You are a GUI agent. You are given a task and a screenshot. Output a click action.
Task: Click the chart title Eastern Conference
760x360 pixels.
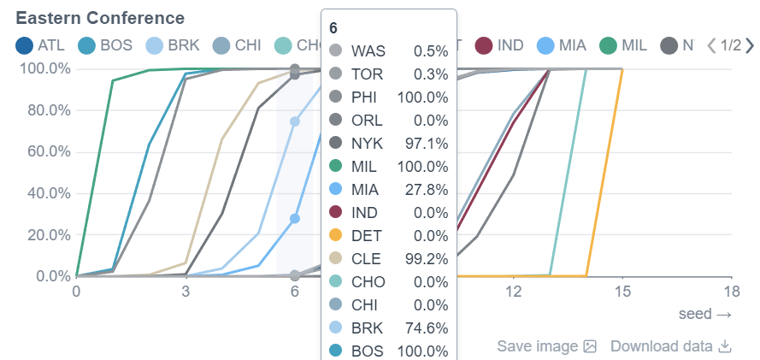[x=100, y=18]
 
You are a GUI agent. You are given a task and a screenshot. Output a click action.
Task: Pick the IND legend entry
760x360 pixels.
[x=500, y=45]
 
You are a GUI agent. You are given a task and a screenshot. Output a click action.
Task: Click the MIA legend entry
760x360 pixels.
[x=562, y=45]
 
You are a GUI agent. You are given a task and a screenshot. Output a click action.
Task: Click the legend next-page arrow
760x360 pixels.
[x=749, y=45]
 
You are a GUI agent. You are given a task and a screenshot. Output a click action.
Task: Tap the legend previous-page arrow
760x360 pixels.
[x=710, y=45]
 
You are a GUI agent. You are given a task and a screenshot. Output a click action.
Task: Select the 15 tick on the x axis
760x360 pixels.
[x=622, y=292]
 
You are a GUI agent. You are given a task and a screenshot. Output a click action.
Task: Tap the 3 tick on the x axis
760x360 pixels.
[x=186, y=292]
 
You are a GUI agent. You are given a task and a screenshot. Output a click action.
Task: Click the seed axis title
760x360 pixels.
[x=705, y=314]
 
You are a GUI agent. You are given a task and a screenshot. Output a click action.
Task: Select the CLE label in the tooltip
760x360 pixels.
[x=367, y=257]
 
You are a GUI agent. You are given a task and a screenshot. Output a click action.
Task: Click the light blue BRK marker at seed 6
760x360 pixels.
[x=295, y=121]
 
